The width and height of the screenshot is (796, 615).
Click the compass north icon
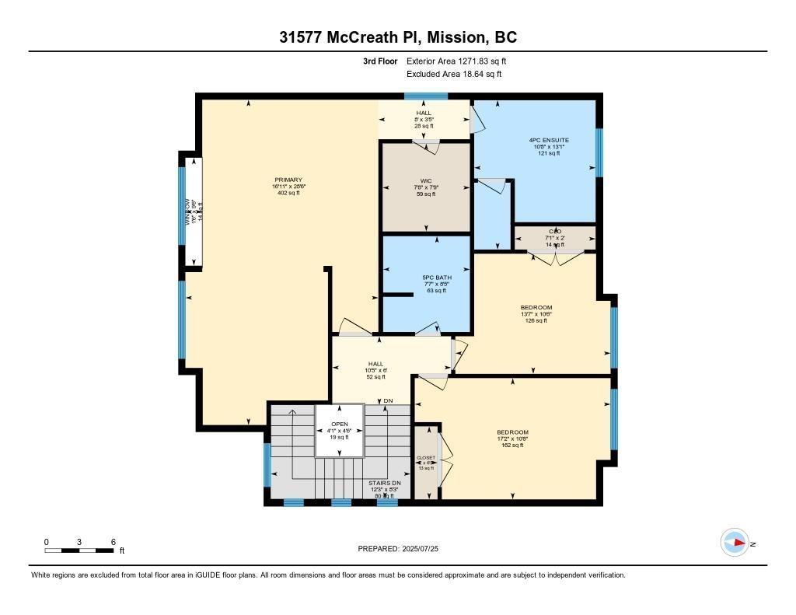click(x=735, y=543)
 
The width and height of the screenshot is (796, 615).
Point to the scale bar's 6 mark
click(x=113, y=542)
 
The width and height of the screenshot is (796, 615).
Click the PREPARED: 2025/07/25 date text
click(x=403, y=549)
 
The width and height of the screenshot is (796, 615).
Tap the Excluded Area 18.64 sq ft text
click(x=454, y=74)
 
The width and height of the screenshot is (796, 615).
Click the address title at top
click(x=398, y=37)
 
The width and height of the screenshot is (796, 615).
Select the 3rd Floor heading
click(x=380, y=61)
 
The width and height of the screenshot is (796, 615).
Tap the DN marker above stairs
click(x=389, y=400)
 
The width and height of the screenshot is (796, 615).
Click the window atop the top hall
click(x=425, y=96)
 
